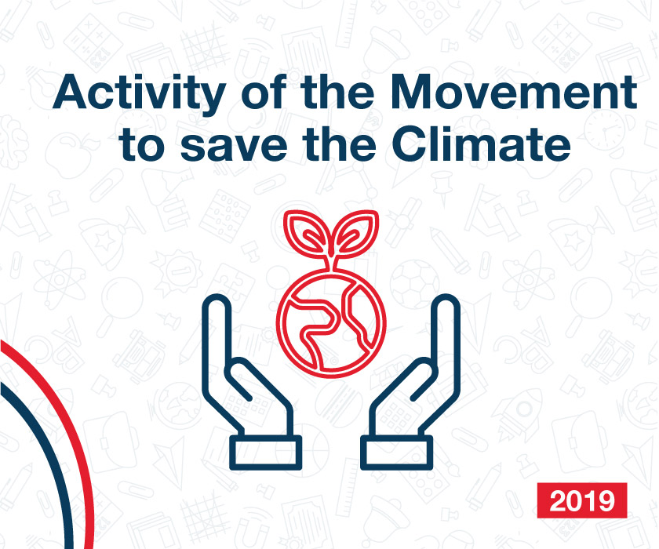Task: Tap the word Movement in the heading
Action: coord(514,92)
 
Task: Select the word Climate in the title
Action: coord(481,144)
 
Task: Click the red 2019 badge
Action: coord(581,500)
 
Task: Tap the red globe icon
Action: coord(331,323)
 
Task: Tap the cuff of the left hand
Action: coord(266,453)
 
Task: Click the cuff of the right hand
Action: coord(397,453)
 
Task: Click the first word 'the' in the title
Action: coord(337,92)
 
